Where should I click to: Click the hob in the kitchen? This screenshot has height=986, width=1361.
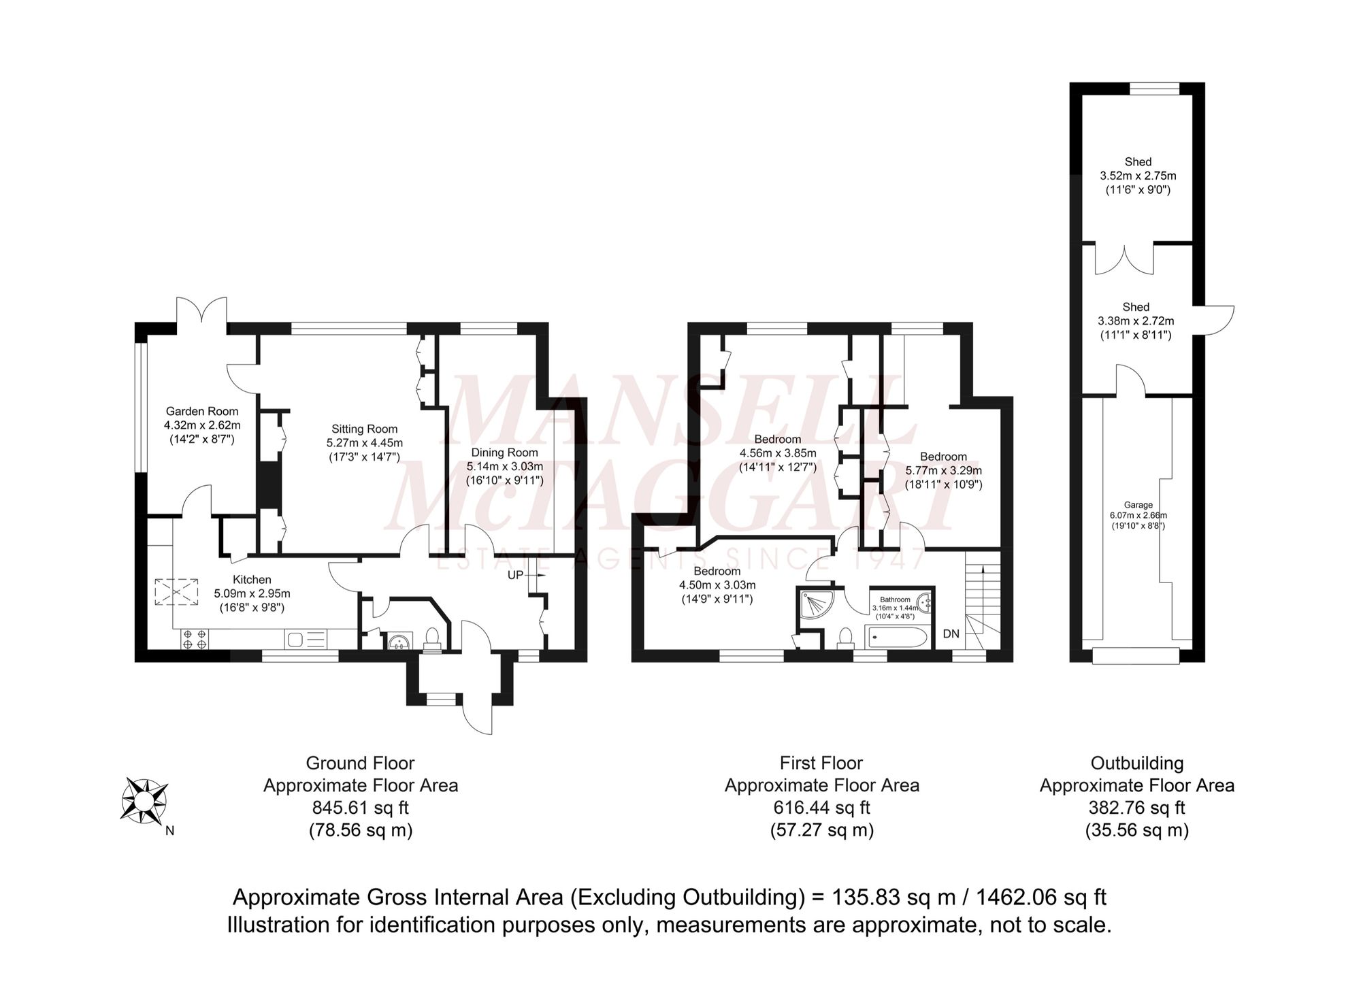[x=195, y=639]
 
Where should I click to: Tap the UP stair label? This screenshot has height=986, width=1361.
[x=515, y=575]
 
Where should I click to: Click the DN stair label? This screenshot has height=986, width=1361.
[x=951, y=634]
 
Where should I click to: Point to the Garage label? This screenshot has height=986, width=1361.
[x=1138, y=505]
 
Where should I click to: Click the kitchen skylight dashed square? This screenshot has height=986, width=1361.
[x=176, y=591]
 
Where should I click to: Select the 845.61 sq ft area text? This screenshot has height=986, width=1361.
[x=361, y=808]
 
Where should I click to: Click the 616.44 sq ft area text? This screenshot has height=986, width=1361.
[x=821, y=808]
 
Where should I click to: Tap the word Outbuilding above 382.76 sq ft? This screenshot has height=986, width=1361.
[x=1136, y=763]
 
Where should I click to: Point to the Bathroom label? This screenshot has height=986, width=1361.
[x=895, y=599]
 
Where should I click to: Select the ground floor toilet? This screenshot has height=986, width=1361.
[x=431, y=638]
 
